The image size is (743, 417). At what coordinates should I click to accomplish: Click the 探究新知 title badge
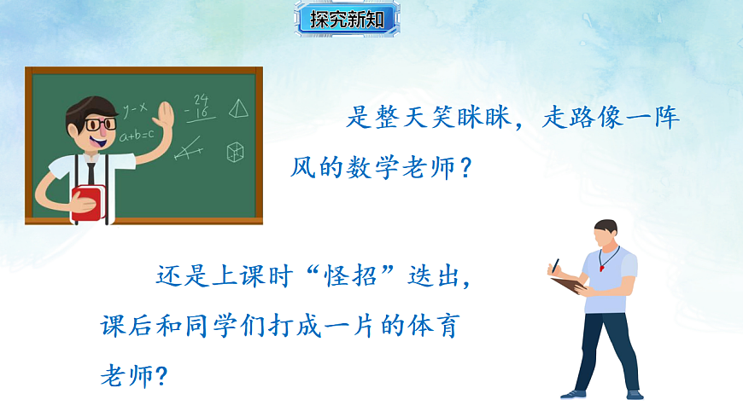(348, 19)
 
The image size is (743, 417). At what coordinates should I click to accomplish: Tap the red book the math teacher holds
(88, 203)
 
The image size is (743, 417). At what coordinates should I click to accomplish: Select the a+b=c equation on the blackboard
(137, 135)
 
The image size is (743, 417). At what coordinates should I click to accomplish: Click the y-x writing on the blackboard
(135, 108)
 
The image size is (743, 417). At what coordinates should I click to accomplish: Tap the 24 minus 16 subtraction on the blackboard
(201, 107)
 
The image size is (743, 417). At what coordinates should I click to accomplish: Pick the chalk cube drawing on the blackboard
(236, 152)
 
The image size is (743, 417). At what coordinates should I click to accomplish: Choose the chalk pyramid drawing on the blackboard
(240, 107)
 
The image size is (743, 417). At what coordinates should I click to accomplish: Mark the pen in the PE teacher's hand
(555, 265)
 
